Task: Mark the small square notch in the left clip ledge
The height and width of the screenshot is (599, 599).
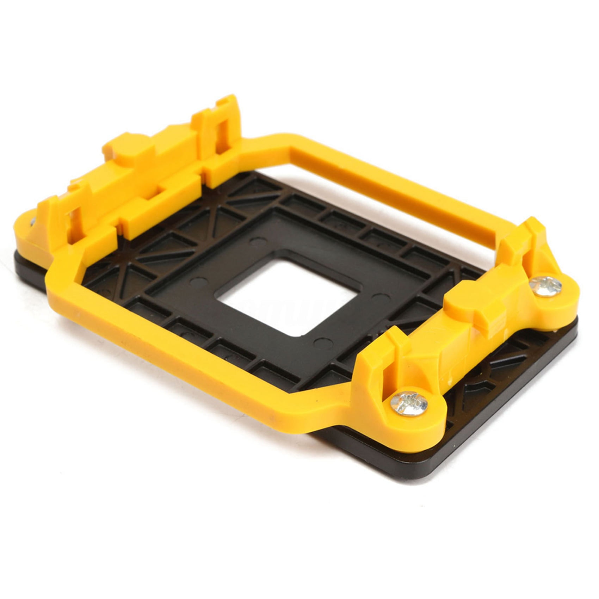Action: click(160, 189)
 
